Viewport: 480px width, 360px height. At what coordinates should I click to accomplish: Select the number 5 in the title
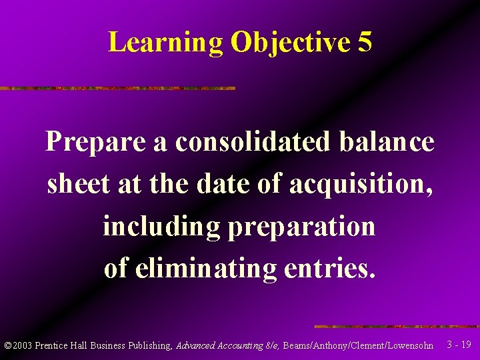click(x=364, y=43)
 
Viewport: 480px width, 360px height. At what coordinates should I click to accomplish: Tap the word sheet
click(x=79, y=183)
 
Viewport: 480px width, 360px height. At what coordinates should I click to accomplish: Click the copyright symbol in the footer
click(x=8, y=345)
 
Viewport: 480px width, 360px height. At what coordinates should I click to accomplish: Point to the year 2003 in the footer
click(x=22, y=345)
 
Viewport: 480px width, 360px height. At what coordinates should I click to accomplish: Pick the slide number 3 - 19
click(x=459, y=345)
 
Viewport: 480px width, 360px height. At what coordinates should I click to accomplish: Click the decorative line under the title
click(x=117, y=88)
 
